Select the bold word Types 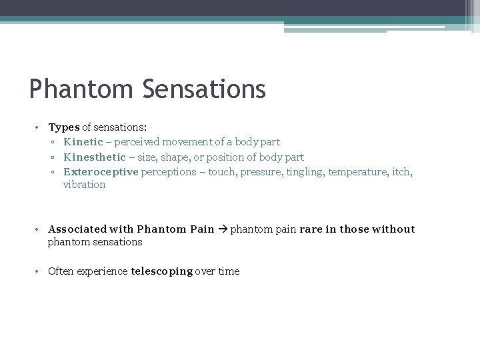tap(64, 127)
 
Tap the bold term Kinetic tap(83, 142)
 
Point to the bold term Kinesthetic tap(94, 157)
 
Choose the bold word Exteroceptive tap(101, 172)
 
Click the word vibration tap(84, 185)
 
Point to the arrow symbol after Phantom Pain tap(222, 229)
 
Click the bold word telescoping tap(162, 271)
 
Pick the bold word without tap(393, 229)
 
